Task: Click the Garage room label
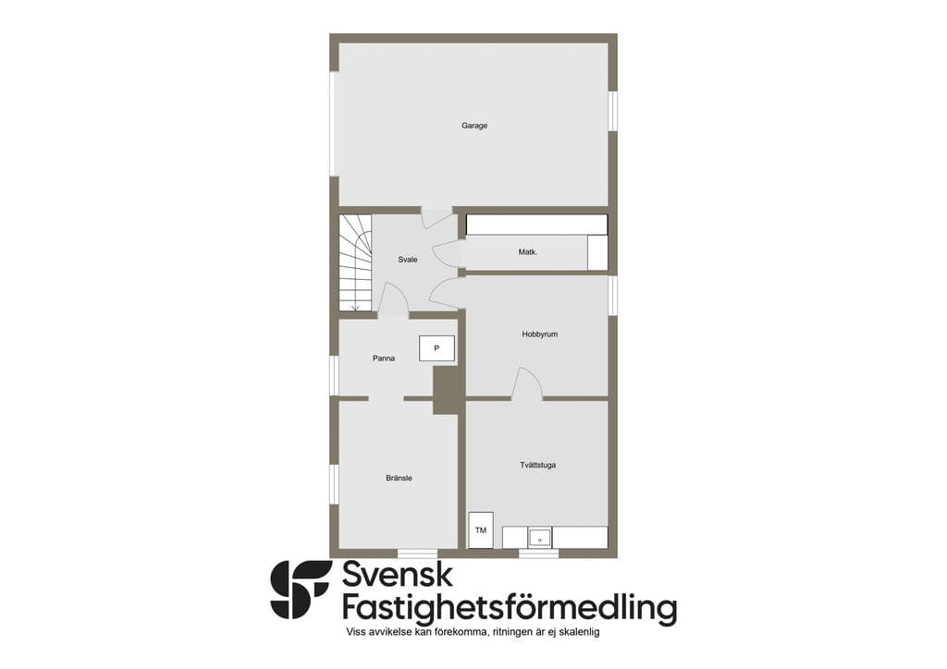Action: point(474,126)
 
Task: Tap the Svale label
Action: point(408,260)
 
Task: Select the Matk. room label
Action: point(528,252)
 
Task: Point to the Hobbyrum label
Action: point(540,334)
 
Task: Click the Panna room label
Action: point(384,359)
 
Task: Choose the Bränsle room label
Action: point(399,478)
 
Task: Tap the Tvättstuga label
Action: point(537,465)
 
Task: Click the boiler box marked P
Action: point(437,348)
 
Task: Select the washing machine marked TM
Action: point(481,530)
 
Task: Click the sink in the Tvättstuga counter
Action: point(539,537)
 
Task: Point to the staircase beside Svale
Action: point(355,262)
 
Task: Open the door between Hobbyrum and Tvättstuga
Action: point(526,383)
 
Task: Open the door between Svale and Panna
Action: point(393,299)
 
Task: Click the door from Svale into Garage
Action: point(437,218)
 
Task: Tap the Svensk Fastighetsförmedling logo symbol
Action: point(301,590)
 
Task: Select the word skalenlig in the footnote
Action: point(580,632)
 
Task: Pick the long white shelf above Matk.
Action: point(537,225)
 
